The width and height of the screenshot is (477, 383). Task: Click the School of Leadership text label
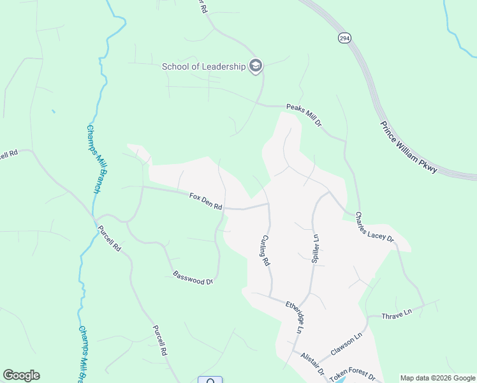tap(203, 66)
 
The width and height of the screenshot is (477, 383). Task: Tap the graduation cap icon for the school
tap(255, 66)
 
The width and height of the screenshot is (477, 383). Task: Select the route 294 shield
tap(344, 38)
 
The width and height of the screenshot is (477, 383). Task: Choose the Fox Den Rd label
tap(205, 202)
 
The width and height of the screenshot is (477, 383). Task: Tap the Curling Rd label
tap(265, 250)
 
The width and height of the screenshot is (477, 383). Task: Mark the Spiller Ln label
tap(314, 248)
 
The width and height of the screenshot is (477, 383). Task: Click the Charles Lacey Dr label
tap(375, 227)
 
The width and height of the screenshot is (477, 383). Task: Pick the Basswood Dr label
tap(193, 278)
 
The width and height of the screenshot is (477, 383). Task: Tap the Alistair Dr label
tap(313, 364)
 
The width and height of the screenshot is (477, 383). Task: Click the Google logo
tap(21, 375)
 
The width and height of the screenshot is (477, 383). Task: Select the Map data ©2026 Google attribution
tap(437, 378)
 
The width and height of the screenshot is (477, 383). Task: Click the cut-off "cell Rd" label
tap(8, 154)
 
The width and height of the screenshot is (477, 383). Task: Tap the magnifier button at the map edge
tap(210, 380)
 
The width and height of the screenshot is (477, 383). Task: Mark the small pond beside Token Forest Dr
tap(333, 379)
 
